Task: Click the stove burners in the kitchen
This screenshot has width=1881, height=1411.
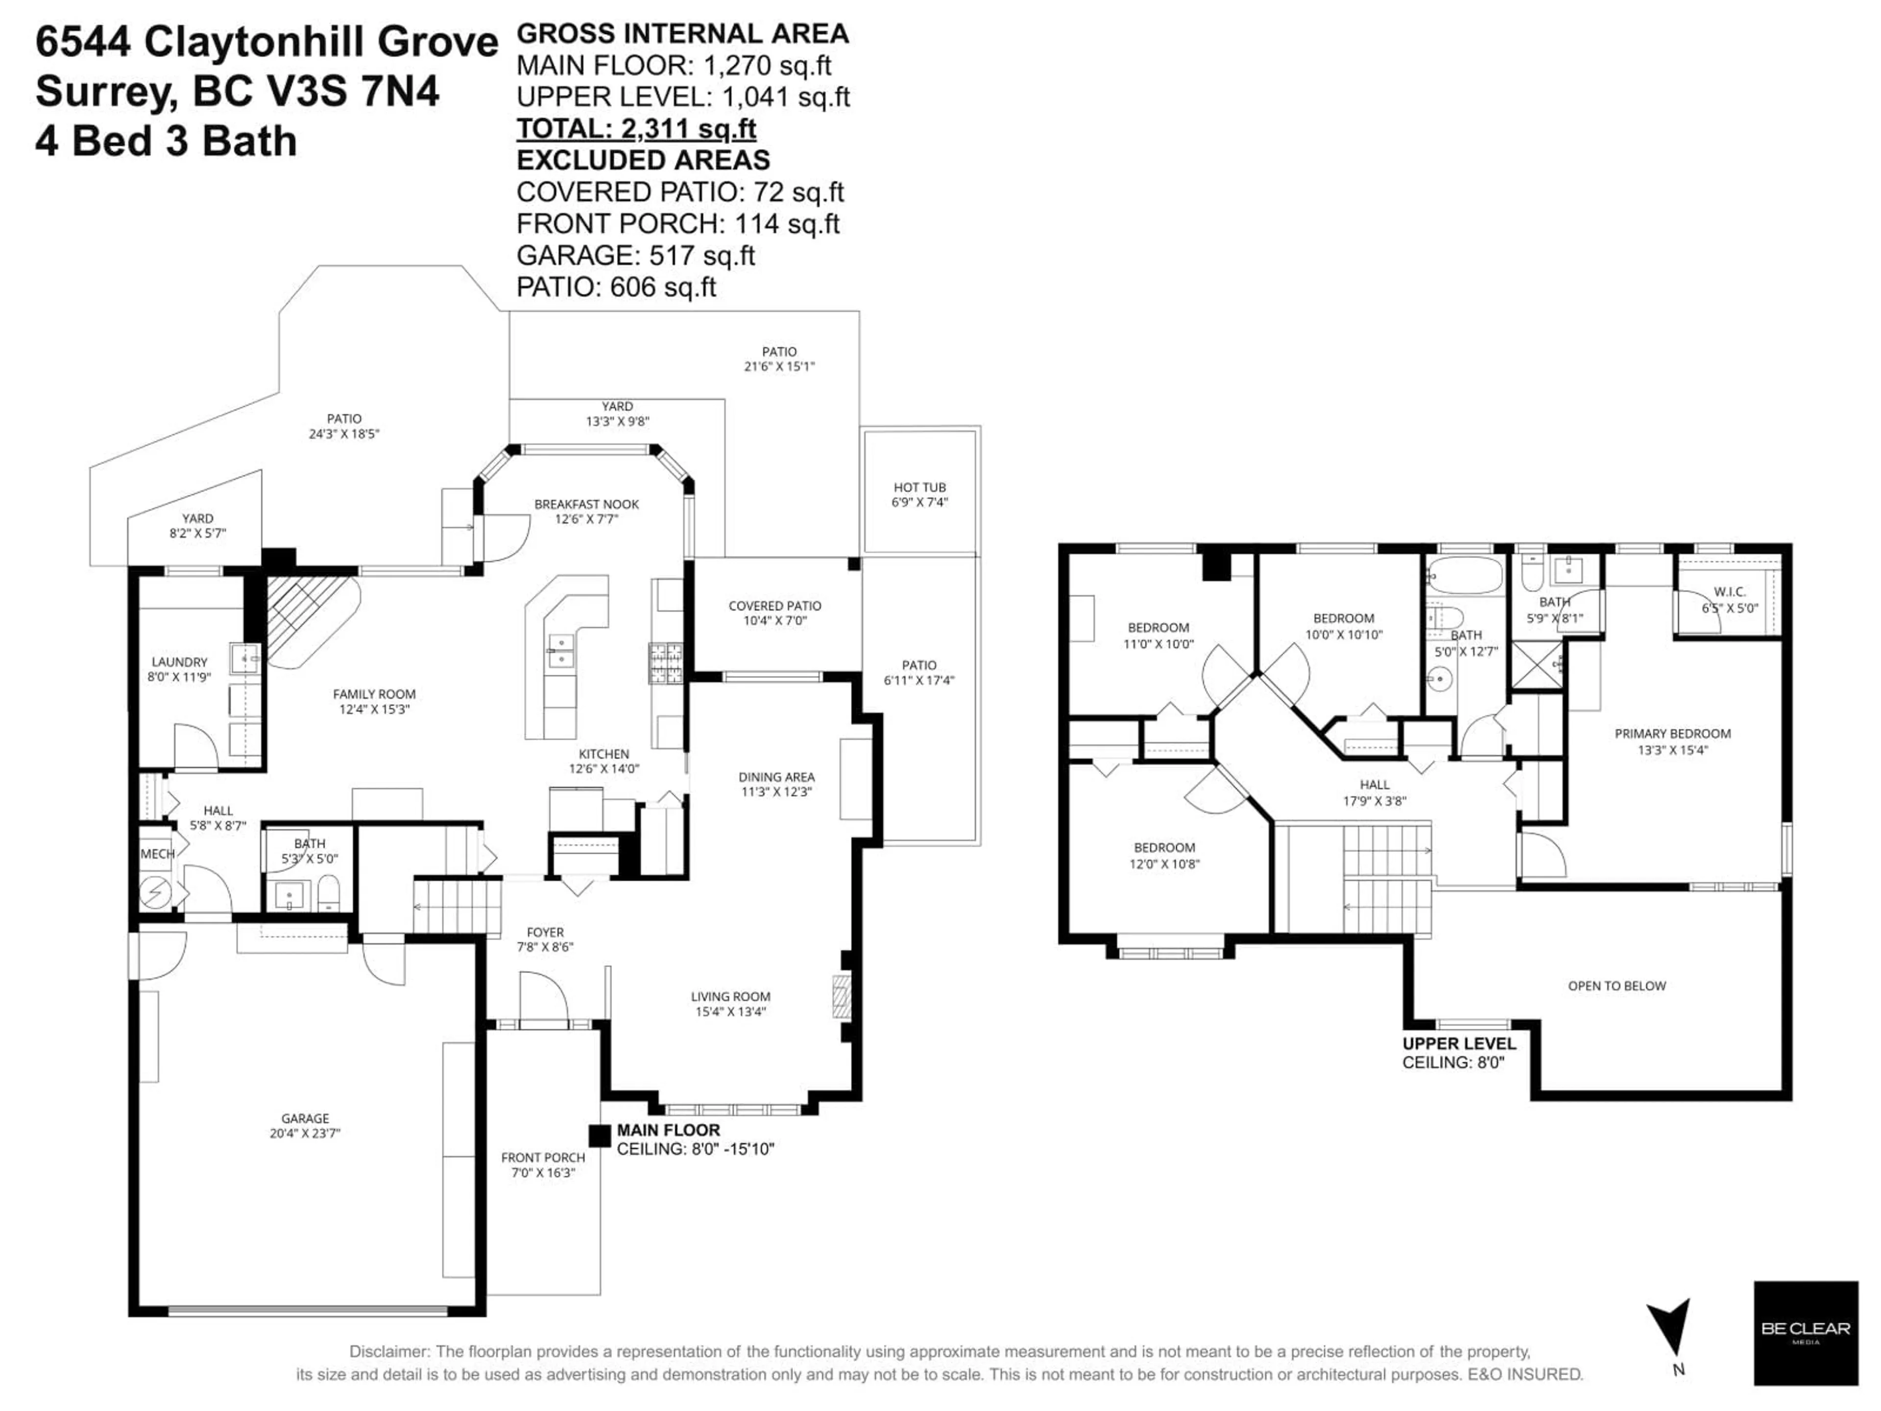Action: [666, 663]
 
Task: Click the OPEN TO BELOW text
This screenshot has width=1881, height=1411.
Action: [1616, 986]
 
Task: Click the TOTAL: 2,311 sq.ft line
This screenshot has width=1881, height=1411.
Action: [636, 128]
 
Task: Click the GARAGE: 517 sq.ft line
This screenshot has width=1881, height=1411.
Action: [635, 255]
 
